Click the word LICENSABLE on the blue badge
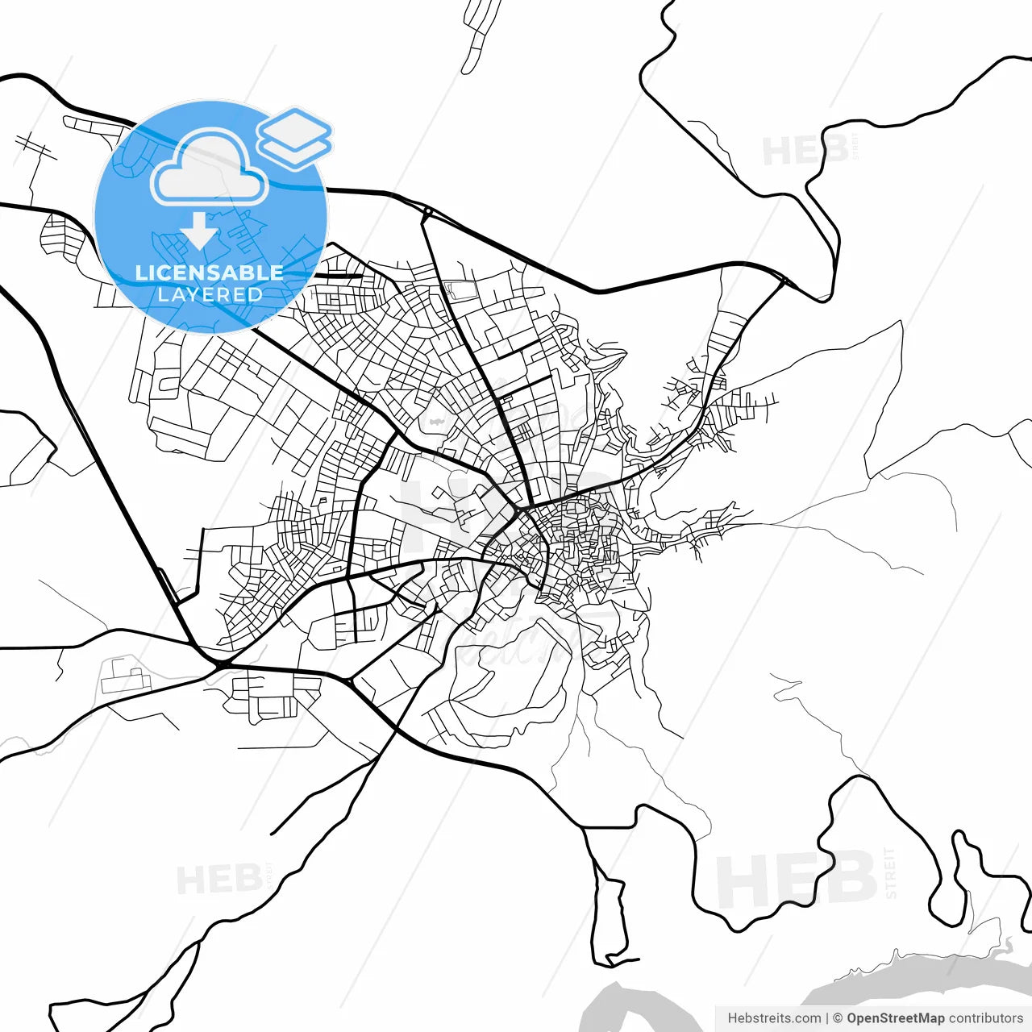(x=210, y=273)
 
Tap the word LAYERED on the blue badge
(x=210, y=295)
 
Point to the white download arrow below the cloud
(x=199, y=231)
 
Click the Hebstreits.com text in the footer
(x=774, y=1018)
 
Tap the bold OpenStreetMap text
(x=895, y=1018)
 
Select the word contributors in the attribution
(x=985, y=1018)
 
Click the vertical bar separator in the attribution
(x=828, y=1018)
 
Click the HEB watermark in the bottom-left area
(x=218, y=879)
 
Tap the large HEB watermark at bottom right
(x=795, y=879)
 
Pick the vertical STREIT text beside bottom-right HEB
(x=890, y=872)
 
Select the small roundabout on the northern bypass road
(x=427, y=213)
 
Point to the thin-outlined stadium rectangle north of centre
(x=460, y=289)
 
